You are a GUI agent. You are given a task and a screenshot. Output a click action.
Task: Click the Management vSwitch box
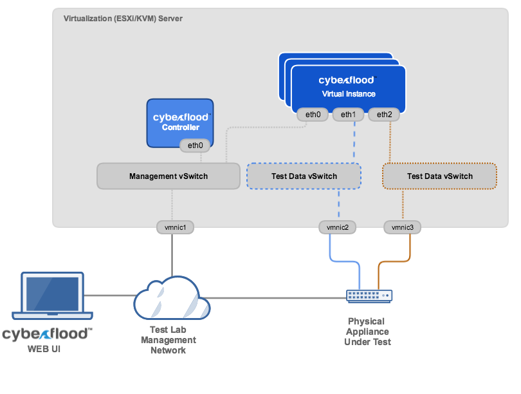pyautogui.click(x=169, y=176)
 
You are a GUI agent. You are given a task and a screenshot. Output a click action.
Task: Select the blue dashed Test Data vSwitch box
pyautogui.click(x=304, y=176)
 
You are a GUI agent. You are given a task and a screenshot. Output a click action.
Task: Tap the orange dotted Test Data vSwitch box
pyautogui.click(x=439, y=176)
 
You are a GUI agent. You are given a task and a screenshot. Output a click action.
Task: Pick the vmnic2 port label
pyautogui.click(x=337, y=227)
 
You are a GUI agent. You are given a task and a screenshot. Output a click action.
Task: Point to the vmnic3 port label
pyautogui.click(x=403, y=227)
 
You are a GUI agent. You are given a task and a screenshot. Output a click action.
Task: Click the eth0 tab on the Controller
pyautogui.click(x=195, y=145)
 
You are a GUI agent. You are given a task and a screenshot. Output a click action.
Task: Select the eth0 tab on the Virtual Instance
pyautogui.click(x=313, y=115)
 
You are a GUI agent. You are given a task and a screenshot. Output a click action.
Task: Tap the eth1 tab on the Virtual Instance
pyautogui.click(x=348, y=115)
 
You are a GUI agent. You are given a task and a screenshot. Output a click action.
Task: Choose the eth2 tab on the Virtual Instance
pyautogui.click(x=384, y=115)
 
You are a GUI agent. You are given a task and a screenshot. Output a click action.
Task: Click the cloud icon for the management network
pyautogui.click(x=171, y=298)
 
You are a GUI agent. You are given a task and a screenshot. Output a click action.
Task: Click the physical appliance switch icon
pyautogui.click(x=369, y=295)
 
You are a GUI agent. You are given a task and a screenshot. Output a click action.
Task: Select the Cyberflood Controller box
pyautogui.click(x=179, y=122)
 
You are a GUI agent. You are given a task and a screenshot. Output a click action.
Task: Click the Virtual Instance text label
pyautogui.click(x=348, y=94)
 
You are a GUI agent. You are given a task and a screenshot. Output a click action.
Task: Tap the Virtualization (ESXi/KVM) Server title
pyautogui.click(x=123, y=19)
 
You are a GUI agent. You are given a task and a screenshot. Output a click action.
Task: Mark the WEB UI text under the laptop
pyautogui.click(x=46, y=349)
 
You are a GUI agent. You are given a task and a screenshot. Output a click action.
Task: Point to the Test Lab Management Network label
pyautogui.click(x=168, y=341)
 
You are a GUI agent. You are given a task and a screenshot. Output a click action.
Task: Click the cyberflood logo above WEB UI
pyautogui.click(x=47, y=334)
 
